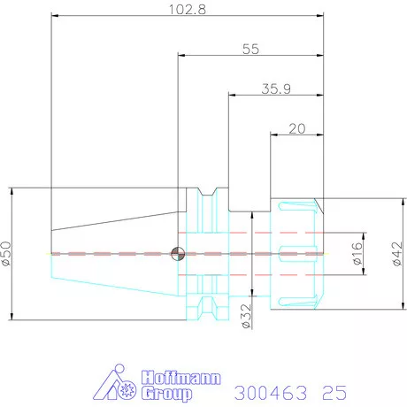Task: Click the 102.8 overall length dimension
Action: point(188,10)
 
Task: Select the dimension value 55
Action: point(250,49)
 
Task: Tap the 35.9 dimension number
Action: point(276,88)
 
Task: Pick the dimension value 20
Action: point(296,129)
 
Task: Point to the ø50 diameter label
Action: point(6,253)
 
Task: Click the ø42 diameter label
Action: point(397,254)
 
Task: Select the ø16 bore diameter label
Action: point(357,253)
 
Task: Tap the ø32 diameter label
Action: point(246,316)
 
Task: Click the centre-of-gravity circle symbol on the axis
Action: point(178,254)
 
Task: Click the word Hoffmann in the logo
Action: point(180,378)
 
